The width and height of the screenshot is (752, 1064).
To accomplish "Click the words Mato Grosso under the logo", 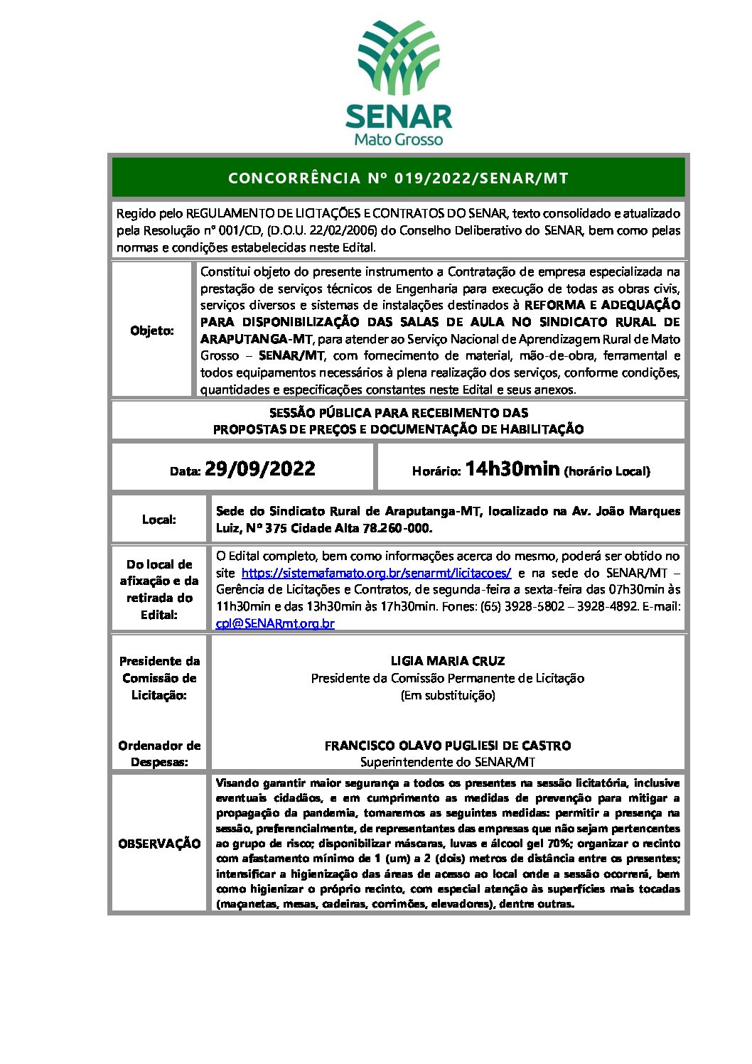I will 398,139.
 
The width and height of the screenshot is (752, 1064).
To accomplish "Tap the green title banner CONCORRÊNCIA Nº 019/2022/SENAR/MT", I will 398,178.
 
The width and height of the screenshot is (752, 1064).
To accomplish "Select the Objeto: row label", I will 152,331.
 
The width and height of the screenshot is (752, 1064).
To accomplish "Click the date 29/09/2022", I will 260,468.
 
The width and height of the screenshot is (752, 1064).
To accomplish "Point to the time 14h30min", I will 512,468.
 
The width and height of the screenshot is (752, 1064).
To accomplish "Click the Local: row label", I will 159,520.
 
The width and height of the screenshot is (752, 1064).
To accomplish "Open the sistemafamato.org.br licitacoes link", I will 376,573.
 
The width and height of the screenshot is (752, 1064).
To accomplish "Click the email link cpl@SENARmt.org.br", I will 275,623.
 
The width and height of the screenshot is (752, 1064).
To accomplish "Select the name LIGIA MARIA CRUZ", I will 448,661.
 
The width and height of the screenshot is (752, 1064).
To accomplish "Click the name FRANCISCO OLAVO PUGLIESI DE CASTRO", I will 448,746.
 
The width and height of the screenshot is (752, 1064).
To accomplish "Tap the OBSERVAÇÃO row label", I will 159,844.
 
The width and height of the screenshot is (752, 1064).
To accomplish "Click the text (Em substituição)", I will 448,695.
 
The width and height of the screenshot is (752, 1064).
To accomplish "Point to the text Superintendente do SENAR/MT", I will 448,762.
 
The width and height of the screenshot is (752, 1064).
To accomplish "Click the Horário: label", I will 436,471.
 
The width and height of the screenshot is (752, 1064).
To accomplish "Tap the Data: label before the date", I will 185,471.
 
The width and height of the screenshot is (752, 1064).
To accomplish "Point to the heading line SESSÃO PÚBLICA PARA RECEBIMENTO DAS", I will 398,413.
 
